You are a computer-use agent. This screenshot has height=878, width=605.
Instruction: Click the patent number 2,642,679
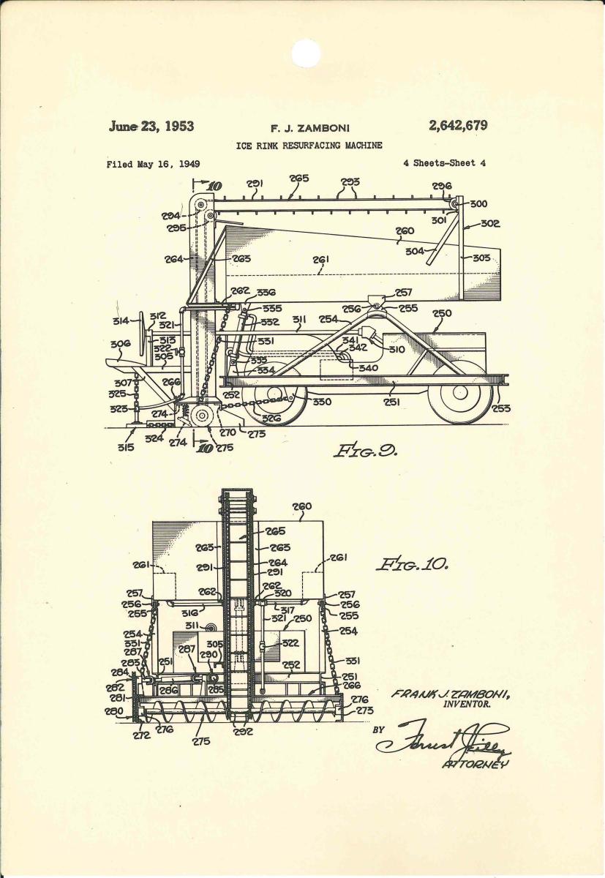[x=458, y=125]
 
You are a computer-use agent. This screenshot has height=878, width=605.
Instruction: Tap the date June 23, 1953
[x=151, y=126]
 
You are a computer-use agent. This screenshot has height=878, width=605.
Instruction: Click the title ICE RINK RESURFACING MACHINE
[x=309, y=146]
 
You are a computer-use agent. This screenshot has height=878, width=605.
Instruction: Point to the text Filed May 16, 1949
[x=153, y=164]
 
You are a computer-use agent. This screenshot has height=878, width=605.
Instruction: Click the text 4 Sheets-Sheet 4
[x=444, y=163]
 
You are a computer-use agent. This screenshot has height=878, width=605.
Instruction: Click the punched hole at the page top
[x=307, y=52]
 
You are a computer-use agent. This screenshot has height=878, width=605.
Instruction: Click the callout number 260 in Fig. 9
[x=405, y=230]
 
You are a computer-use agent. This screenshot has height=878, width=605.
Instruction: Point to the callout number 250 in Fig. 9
[x=442, y=312]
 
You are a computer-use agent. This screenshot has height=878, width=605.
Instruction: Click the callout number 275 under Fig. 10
[x=201, y=741]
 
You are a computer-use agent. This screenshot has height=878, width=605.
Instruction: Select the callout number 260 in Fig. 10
[x=301, y=506]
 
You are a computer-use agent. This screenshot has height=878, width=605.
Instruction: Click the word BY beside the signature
[x=379, y=729]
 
